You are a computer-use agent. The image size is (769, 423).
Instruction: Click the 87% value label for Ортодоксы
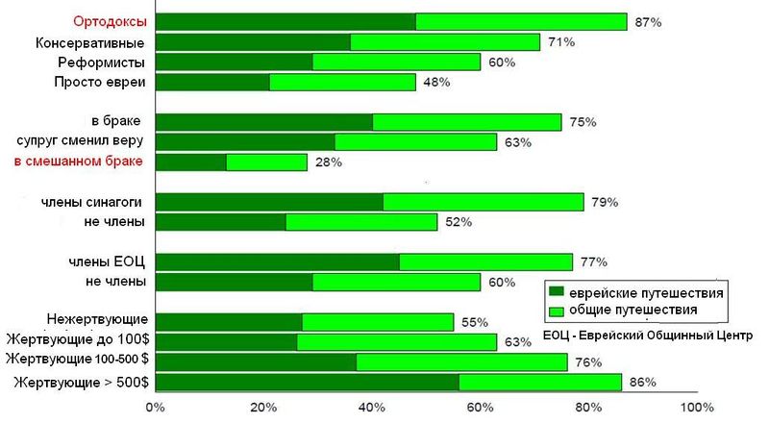[x=648, y=21]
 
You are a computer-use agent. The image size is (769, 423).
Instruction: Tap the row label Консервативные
[x=90, y=42]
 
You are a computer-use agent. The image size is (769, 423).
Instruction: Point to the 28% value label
[x=328, y=162]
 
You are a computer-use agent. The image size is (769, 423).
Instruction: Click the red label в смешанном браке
[x=79, y=162]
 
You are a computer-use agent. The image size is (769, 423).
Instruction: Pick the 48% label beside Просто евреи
[x=436, y=83]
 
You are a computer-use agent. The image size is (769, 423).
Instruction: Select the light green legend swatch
[x=554, y=311]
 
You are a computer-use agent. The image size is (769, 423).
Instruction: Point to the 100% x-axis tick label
[x=696, y=408]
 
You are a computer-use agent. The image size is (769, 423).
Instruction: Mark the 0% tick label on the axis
[x=155, y=408]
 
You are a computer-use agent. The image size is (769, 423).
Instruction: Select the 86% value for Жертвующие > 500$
[x=642, y=382]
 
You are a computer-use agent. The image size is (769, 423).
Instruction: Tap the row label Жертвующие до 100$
[x=77, y=339]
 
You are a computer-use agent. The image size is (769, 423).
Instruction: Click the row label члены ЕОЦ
[x=107, y=261]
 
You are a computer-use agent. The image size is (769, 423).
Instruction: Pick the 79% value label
[x=605, y=202]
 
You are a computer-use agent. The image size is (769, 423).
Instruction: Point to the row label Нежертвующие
[x=96, y=319]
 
